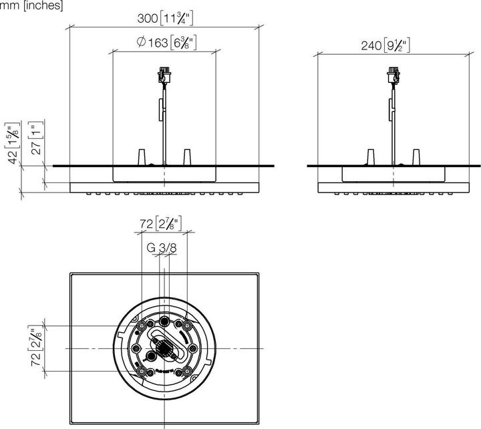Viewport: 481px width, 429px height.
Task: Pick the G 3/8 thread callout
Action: tap(162, 248)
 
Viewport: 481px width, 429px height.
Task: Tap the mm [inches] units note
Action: tap(31, 6)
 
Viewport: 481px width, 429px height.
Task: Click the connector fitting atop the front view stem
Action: tap(164, 74)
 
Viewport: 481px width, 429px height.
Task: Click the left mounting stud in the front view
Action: tap(141, 157)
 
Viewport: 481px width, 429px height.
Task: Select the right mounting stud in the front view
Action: tap(188, 157)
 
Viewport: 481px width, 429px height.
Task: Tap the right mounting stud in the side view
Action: tap(417, 158)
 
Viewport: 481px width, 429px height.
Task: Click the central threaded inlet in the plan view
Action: tap(162, 347)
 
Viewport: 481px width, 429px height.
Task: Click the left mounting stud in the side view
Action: tap(369, 158)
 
